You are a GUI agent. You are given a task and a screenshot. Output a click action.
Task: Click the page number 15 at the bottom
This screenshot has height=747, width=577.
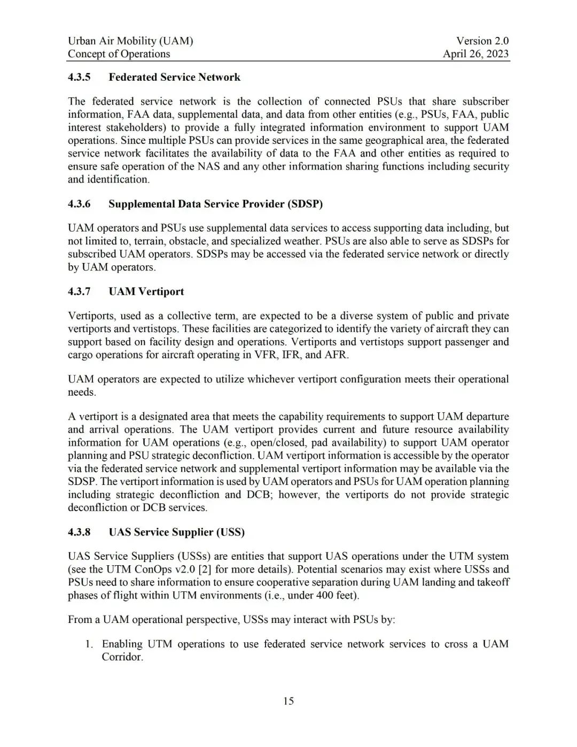pyautogui.click(x=288, y=701)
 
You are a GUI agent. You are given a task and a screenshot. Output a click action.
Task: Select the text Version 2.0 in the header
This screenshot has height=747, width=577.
pyautogui.click(x=482, y=41)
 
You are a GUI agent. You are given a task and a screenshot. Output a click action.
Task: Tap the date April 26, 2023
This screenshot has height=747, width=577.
pyautogui.click(x=475, y=53)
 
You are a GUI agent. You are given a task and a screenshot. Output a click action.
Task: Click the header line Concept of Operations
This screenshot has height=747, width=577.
pyautogui.click(x=119, y=53)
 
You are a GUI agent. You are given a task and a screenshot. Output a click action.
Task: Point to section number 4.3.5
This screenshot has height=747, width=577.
pyautogui.click(x=79, y=77)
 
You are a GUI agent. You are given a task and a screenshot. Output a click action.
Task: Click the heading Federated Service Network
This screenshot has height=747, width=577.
pyautogui.click(x=174, y=77)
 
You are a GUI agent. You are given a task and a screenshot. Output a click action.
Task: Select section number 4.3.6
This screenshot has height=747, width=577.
pyautogui.click(x=79, y=204)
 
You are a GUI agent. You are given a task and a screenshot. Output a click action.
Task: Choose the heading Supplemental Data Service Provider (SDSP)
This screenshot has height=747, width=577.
pyautogui.click(x=215, y=204)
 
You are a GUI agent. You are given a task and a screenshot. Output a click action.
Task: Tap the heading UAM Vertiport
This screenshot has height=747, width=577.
pyautogui.click(x=146, y=291)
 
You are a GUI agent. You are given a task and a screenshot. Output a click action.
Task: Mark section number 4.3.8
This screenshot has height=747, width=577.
pyautogui.click(x=79, y=532)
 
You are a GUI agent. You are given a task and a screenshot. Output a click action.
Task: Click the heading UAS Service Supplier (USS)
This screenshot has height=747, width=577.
pyautogui.click(x=176, y=532)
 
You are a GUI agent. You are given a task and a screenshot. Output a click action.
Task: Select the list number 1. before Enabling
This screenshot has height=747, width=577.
pyautogui.click(x=90, y=644)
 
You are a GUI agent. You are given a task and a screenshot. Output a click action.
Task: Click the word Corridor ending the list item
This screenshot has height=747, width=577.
pyautogui.click(x=122, y=657)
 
